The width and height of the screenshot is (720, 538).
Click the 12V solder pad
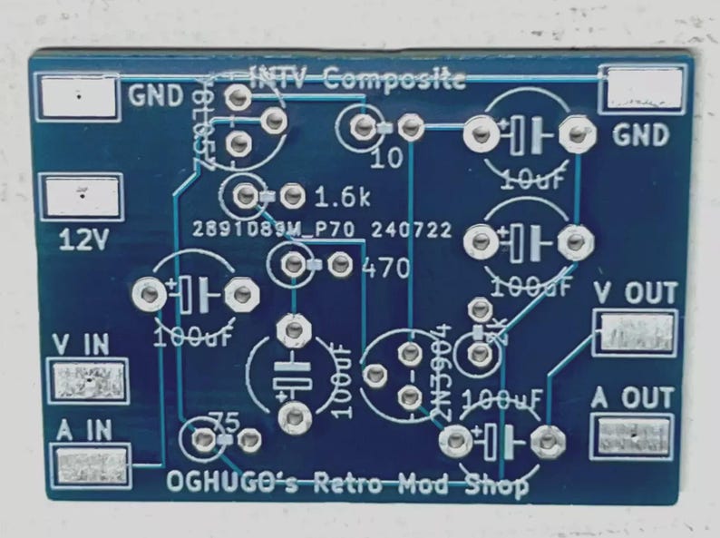coord(82,197)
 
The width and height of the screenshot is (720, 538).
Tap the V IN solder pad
coord(88,380)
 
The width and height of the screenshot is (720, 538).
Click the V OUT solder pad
coord(634,333)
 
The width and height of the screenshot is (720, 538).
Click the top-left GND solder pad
coord(79,95)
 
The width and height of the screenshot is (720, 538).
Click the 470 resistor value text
coord(384,268)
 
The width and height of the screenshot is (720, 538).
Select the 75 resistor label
coord(222,419)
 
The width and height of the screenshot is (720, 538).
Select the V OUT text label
coord(636,293)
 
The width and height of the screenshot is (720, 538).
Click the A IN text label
coord(83,430)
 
